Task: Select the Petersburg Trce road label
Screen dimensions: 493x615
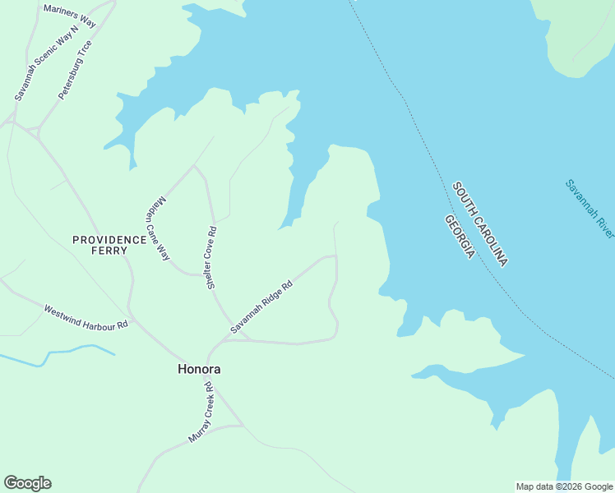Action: pyautogui.click(x=75, y=70)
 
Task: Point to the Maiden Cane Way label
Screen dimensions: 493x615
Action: pyautogui.click(x=158, y=229)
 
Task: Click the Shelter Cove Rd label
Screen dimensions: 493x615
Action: pyautogui.click(x=211, y=257)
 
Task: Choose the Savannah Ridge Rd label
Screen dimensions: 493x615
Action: pyautogui.click(x=261, y=308)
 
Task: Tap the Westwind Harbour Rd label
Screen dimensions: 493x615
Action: pyautogui.click(x=86, y=318)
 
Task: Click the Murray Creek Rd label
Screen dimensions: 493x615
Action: pyautogui.click(x=201, y=412)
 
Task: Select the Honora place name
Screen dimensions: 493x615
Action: pyautogui.click(x=199, y=370)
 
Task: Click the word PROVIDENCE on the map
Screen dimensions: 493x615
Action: pyautogui.click(x=109, y=240)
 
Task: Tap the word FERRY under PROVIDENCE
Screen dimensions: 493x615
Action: pyautogui.click(x=109, y=251)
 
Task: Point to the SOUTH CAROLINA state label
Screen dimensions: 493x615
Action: pyautogui.click(x=480, y=223)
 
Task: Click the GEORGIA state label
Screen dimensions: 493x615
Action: pyautogui.click(x=459, y=237)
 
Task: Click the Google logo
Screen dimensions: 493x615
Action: pyautogui.click(x=27, y=483)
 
